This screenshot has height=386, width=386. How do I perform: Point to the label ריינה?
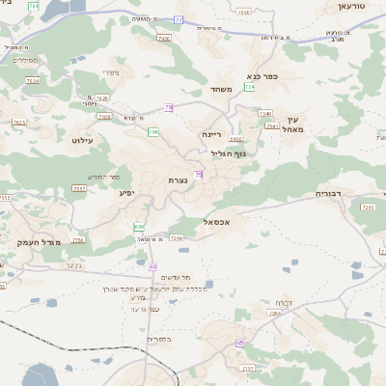(x=212, y=135)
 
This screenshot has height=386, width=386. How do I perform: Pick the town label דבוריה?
(x=330, y=193)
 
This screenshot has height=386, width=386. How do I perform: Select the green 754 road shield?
(x=250, y=87)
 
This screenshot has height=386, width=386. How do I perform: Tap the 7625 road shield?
(x=19, y=123)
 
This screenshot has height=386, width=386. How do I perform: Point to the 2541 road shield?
(x=272, y=125)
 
